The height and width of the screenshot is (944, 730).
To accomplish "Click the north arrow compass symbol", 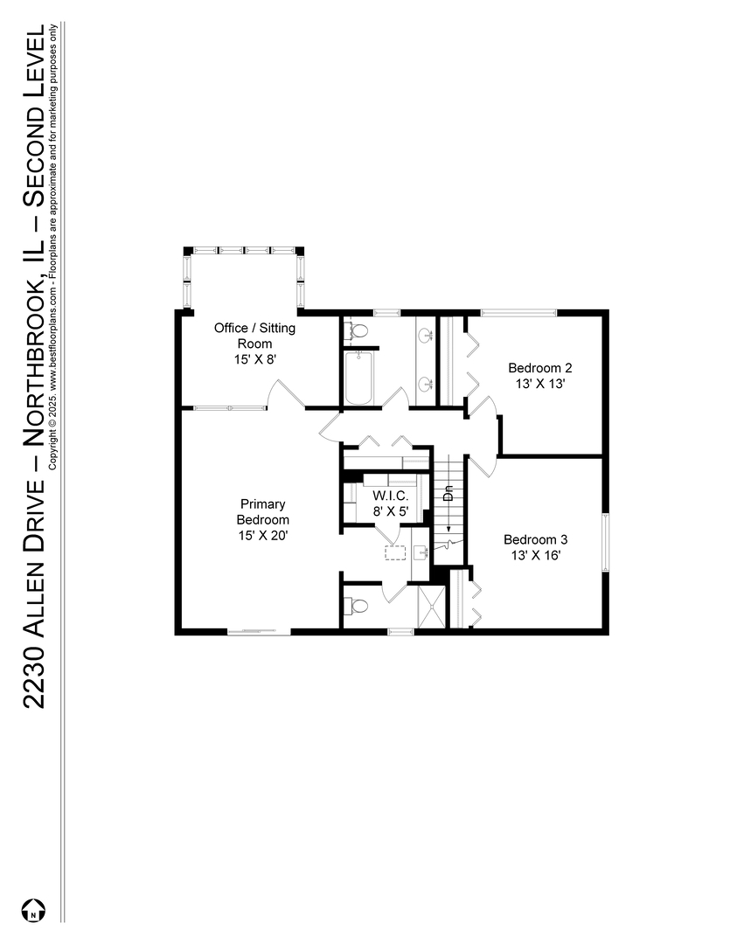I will coord(33,910).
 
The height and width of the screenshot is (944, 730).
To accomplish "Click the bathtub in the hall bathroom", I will coord(358,378).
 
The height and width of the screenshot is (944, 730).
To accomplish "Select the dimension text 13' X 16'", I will coord(535,554).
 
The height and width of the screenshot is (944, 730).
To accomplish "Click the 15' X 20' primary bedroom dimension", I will coord(264,535).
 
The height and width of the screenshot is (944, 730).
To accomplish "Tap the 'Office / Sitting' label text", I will coord(255,329).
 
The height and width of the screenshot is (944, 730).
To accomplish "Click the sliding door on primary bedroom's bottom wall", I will coord(258,630).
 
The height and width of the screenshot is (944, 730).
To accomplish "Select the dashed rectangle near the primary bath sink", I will coord(395,552).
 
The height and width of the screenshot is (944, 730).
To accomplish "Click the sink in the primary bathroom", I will coord(419,552).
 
